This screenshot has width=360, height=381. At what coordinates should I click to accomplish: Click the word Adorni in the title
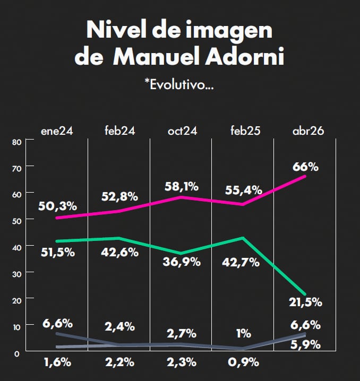pyautogui.click(x=244, y=56)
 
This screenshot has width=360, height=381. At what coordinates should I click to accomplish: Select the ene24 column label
pyautogui.click(x=57, y=131)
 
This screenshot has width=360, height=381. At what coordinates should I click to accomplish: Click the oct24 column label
pyautogui.click(x=182, y=131)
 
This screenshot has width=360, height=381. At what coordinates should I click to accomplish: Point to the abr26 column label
pyautogui.click(x=308, y=131)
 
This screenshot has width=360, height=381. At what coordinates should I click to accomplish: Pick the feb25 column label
pyautogui.click(x=245, y=131)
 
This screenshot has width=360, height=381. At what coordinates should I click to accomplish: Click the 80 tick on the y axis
pyautogui.click(x=16, y=142)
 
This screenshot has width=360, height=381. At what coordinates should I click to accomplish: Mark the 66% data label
pyautogui.click(x=305, y=167)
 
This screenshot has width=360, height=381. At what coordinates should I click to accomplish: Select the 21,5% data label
pyautogui.click(x=305, y=302)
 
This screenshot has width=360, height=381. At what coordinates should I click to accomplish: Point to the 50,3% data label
pyautogui.click(x=57, y=206)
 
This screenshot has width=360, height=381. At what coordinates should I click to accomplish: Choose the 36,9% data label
pyautogui.click(x=182, y=262)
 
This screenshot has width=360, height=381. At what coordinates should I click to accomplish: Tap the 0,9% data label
pyautogui.click(x=244, y=363)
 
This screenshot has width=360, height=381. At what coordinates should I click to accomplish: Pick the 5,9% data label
pyautogui.click(x=305, y=345)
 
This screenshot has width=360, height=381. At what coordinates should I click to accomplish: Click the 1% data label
pyautogui.click(x=243, y=333)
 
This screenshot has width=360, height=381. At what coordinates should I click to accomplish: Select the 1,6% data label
pyautogui.click(x=57, y=363)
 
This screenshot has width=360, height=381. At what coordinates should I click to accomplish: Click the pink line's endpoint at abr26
pyautogui.click(x=305, y=176)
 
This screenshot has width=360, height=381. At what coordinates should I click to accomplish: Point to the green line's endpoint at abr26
pyautogui.click(x=305, y=294)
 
